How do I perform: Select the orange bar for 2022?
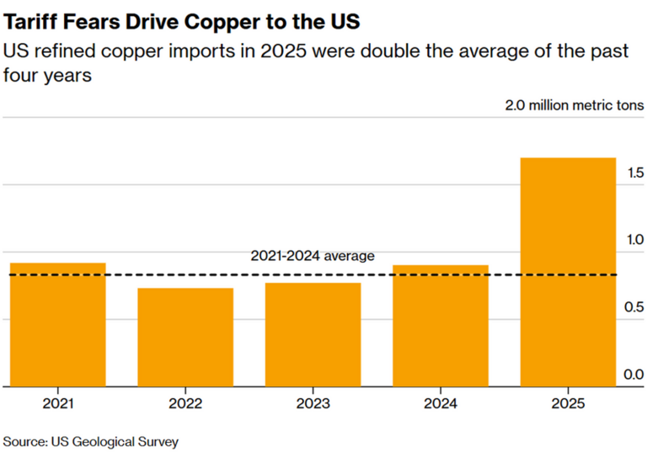click(185, 337)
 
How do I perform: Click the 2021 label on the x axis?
click(57, 404)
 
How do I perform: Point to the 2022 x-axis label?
click(185, 404)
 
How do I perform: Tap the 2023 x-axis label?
click(313, 404)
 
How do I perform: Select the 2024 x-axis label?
click(441, 404)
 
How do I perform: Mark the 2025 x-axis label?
click(568, 404)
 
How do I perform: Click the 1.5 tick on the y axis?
click(634, 173)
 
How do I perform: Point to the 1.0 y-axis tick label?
click(634, 240)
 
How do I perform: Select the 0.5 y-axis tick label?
click(634, 307)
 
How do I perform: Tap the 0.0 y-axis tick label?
click(634, 375)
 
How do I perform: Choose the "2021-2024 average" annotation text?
click(312, 256)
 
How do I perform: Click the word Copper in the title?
click(203, 18)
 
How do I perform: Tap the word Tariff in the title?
click(29, 18)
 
